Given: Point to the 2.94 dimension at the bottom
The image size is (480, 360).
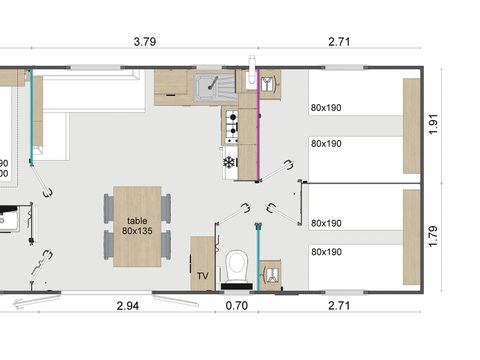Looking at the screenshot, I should pyautogui.click(x=129, y=304).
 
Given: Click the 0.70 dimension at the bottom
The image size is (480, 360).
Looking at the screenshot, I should pyautogui.click(x=237, y=304).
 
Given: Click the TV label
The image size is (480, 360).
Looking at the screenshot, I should pyautogui.click(x=202, y=274).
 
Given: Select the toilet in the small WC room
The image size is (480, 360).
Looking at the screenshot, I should pyautogui.click(x=237, y=265).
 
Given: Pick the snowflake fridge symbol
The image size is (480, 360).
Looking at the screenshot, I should pyautogui.click(x=229, y=162).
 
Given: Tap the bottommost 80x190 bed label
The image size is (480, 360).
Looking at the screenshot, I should pyautogui.click(x=326, y=251).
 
